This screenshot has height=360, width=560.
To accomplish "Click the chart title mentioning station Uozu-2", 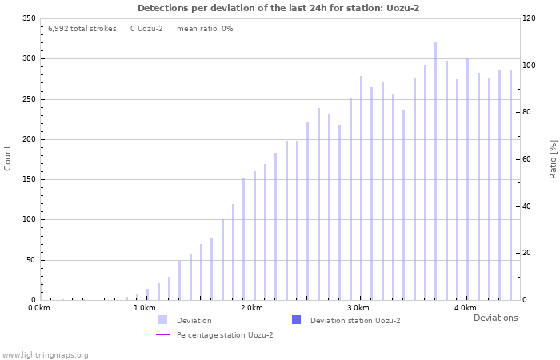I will (278, 8).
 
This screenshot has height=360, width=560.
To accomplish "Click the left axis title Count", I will (8, 158).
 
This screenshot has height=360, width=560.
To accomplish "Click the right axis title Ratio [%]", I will (553, 158).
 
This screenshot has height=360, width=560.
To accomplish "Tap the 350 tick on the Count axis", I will (29, 18).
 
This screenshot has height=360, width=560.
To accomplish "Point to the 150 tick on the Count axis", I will (29, 179).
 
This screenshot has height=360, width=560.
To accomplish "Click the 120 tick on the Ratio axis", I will (530, 18).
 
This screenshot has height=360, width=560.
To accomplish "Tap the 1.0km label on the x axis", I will (145, 308).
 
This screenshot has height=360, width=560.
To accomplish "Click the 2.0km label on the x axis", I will (252, 308).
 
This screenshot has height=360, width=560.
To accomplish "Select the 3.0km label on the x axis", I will (358, 308).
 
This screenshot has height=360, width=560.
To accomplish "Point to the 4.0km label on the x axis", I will (465, 308).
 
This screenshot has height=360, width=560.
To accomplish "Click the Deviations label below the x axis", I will (495, 318).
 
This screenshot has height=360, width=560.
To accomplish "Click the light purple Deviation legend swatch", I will (162, 320).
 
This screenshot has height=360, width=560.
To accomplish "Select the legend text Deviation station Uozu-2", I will (355, 321).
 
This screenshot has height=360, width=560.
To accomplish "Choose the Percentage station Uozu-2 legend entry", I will (225, 334).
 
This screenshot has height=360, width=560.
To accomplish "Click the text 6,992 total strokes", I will (82, 29).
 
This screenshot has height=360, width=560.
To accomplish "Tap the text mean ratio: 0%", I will (205, 29).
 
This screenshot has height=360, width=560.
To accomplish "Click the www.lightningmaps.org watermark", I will (45, 354).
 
